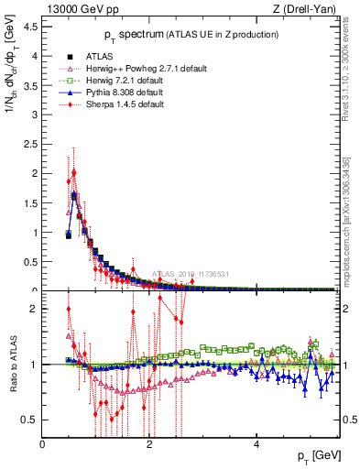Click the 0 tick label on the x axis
tap(42, 444)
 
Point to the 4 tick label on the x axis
tap(256, 444)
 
